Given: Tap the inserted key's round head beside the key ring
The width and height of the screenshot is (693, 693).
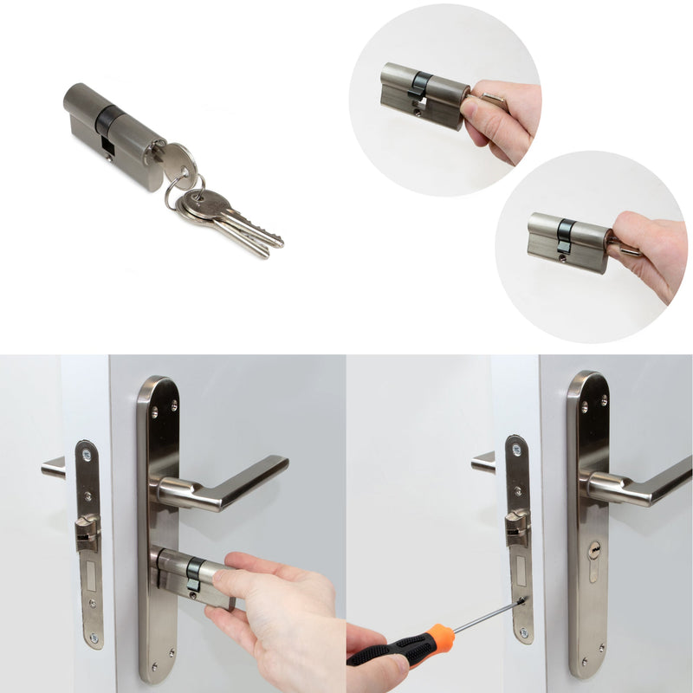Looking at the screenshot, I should (178, 159).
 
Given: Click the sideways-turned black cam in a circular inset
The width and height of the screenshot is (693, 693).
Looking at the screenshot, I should (418, 84).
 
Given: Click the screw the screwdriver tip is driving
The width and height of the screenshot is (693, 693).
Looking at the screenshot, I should (522, 599).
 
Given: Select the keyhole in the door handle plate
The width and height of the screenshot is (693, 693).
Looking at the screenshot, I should (594, 549).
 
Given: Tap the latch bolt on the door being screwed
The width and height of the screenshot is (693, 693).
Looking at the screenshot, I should (517, 523).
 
